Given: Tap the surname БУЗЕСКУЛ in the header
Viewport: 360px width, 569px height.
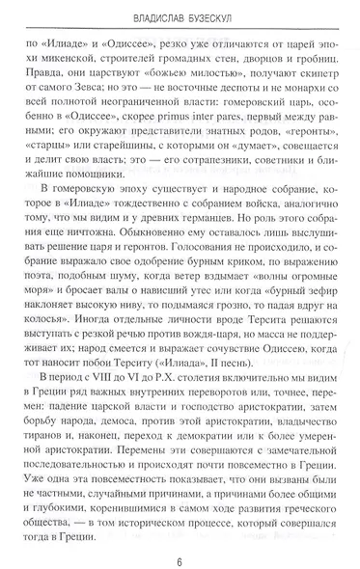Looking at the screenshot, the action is tap(222, 15).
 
